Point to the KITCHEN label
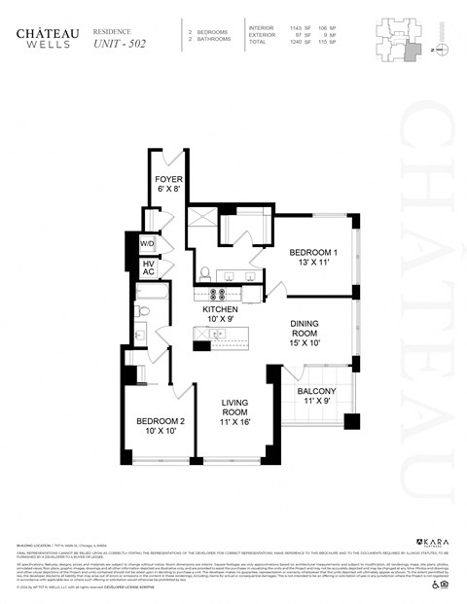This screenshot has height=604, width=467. (220, 313)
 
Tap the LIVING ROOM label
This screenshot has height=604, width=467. (236, 409)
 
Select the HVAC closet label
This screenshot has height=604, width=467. (149, 267)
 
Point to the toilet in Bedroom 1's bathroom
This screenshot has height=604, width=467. (205, 272)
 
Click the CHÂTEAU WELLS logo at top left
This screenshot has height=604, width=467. (42, 37)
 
